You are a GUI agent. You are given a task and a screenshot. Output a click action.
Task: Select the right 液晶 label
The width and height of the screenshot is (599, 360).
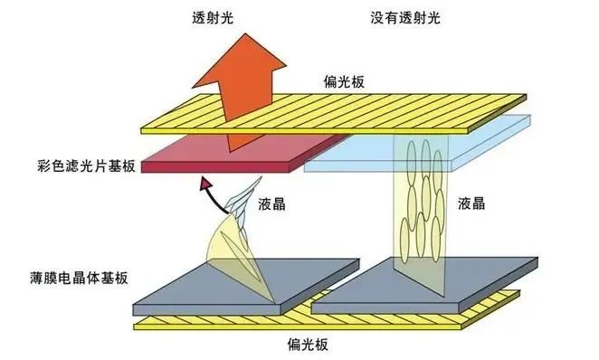[x=476, y=204]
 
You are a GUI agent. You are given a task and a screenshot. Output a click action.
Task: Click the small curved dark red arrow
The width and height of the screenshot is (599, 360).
[x=206, y=188]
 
